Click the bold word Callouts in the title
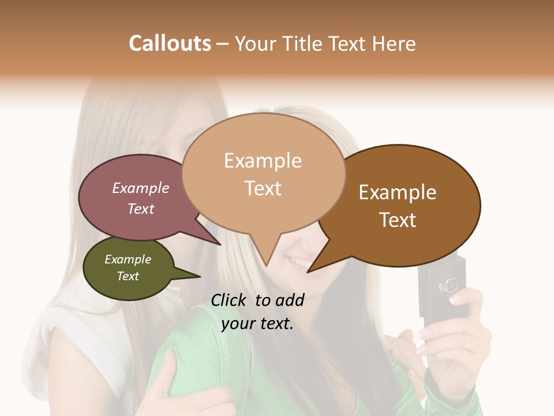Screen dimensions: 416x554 170,43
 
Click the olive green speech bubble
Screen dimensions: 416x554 128,269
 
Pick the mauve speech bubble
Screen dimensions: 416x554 136,198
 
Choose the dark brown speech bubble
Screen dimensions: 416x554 404,205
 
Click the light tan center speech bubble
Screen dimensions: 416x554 263,173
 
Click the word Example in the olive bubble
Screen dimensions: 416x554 128,259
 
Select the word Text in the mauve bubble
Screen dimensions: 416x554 141,209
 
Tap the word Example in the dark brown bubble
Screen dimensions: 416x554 398,192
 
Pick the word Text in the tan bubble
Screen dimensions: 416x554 263,188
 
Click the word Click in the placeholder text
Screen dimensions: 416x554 230,300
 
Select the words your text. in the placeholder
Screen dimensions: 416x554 257,324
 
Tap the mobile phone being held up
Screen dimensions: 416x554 441,286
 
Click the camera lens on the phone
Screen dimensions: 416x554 444,286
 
